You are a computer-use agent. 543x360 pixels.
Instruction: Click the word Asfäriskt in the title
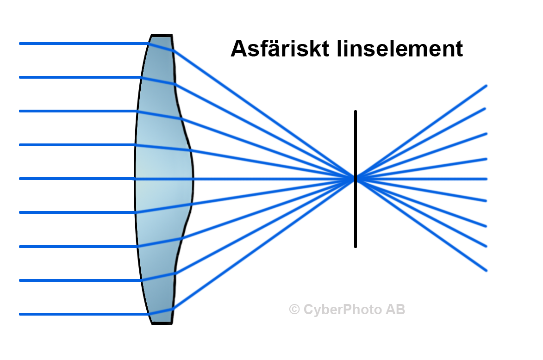pos(276,49)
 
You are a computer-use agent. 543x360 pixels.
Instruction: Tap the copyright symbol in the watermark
pos(294,309)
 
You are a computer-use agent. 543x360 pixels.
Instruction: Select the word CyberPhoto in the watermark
pos(343,309)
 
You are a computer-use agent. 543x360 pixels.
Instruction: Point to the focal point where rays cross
pos(356,178)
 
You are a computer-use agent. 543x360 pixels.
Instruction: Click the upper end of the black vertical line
pos(356,112)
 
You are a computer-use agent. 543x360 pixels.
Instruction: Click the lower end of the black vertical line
pos(356,246)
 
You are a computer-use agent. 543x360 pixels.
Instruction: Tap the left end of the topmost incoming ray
pos(20,43)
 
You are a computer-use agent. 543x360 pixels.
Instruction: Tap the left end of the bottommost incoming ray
pos(20,314)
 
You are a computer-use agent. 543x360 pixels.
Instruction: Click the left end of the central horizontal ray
pos(20,179)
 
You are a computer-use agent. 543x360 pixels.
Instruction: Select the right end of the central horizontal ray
pos(486,179)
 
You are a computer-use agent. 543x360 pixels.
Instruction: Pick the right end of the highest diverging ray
pos(486,86)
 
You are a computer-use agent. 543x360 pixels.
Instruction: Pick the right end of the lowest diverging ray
pos(486,270)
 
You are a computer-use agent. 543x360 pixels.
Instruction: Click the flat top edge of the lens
pos(162,35)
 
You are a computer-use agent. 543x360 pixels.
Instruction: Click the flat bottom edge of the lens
pos(162,323)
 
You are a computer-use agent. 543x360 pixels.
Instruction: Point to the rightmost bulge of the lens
pos(193,179)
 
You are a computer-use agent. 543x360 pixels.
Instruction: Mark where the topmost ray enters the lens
pos(149,44)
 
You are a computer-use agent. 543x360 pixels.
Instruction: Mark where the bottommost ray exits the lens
pos(173,308)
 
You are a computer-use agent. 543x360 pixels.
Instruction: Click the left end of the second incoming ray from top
pos(20,77)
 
